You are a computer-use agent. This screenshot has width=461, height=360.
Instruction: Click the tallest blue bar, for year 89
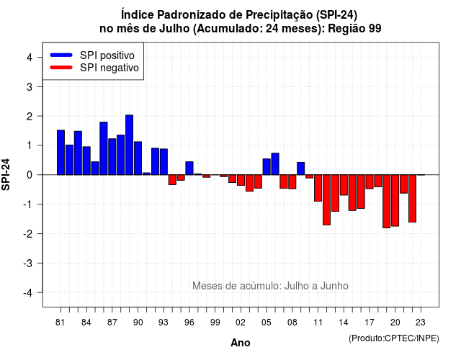click(130, 145)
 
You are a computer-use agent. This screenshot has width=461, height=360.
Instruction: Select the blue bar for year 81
click(61, 153)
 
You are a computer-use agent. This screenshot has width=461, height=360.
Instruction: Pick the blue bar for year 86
click(104, 148)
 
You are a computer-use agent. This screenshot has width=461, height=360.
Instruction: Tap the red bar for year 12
click(326, 200)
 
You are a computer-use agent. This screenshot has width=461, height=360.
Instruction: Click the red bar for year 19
click(387, 202)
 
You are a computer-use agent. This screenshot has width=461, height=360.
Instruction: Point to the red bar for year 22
click(413, 199)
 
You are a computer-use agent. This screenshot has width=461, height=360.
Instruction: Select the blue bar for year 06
click(275, 164)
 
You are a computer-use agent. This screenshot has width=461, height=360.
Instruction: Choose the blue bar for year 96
click(189, 168)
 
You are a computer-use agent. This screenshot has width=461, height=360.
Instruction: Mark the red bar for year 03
click(249, 183)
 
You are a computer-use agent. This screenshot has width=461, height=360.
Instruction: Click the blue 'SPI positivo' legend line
click(61, 55)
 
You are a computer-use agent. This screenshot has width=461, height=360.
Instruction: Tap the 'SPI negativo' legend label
click(109, 68)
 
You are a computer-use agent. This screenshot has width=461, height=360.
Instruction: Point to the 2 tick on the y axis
click(40, 116)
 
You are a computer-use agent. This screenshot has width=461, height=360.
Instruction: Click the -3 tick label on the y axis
click(28, 264)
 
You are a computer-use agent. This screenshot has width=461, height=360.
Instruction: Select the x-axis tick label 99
click(215, 323)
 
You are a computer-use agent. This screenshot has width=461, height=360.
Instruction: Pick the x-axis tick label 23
click(421, 323)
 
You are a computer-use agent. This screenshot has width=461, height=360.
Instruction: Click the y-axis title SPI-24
click(6, 174)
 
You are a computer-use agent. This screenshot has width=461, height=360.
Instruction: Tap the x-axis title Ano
click(241, 343)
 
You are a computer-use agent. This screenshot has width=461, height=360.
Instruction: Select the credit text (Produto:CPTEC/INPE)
click(394, 338)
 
